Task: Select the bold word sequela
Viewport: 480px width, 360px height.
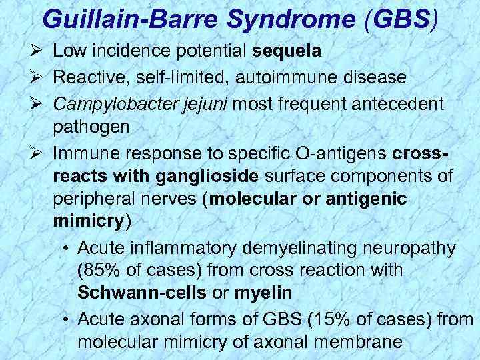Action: pos(289,51)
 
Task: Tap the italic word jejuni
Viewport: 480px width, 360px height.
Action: pos(201,104)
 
